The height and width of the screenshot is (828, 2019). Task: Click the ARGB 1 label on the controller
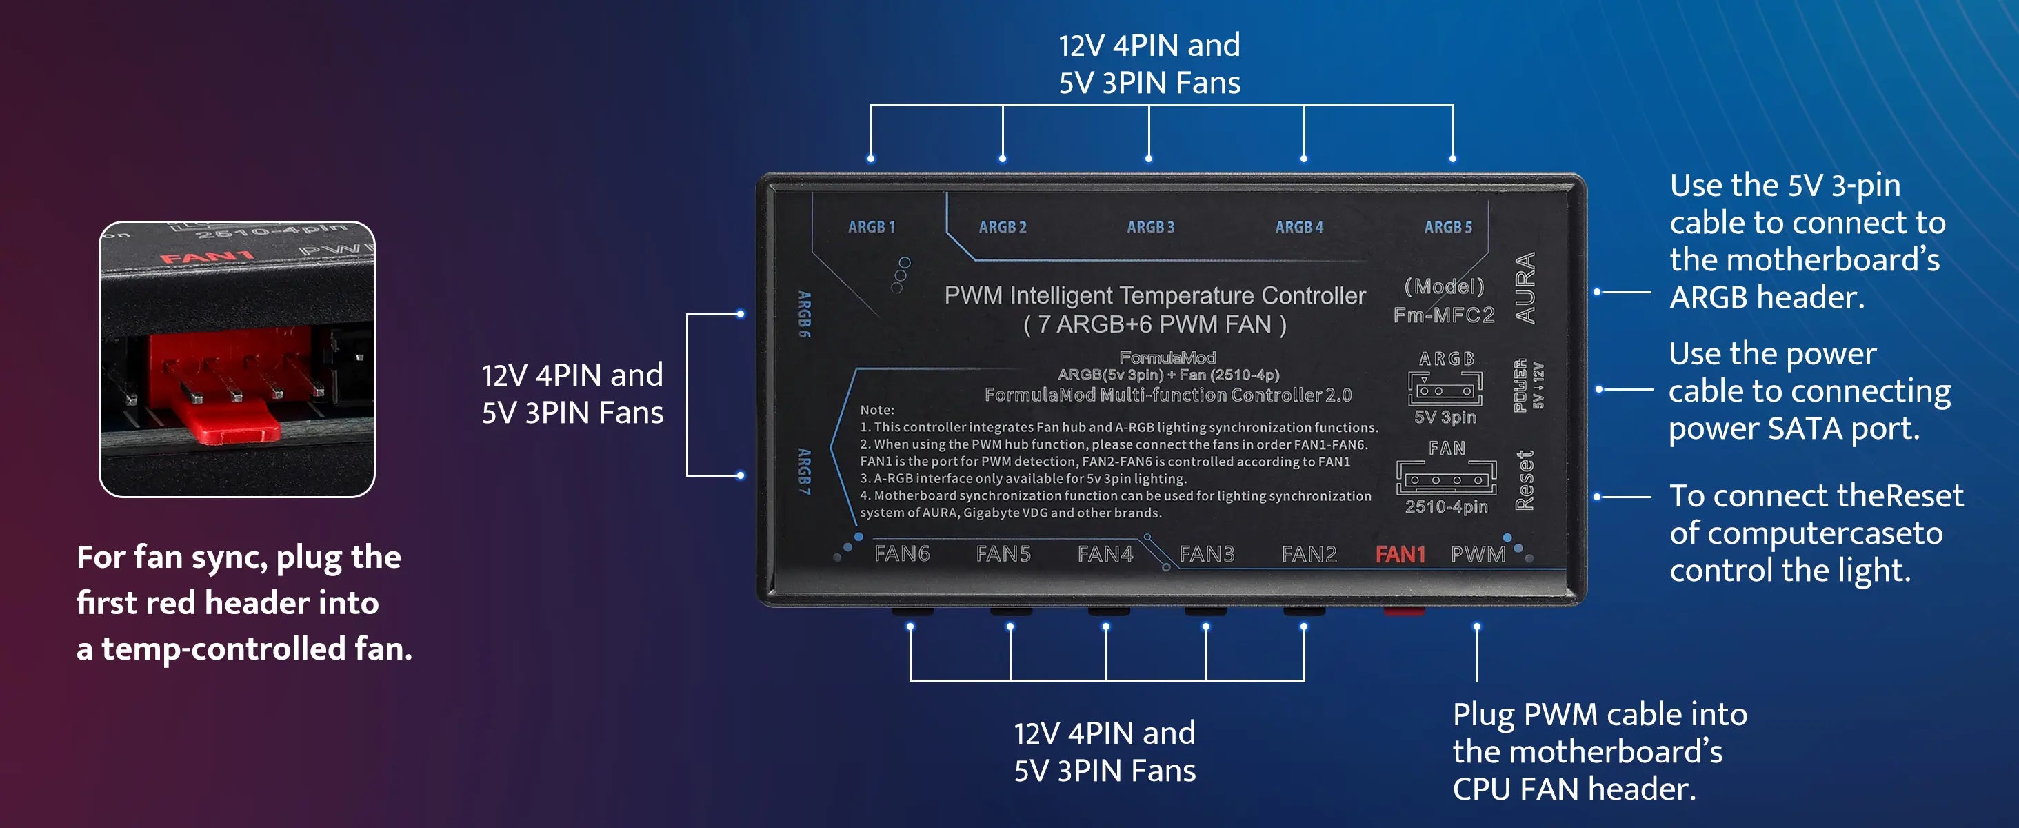click(871, 228)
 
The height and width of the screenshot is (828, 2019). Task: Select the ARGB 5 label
click(1447, 228)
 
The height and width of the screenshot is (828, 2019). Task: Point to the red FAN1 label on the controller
click(1400, 554)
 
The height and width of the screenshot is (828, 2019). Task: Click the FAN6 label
click(901, 553)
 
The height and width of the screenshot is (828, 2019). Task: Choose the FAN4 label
click(1105, 553)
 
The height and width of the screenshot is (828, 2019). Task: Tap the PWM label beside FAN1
click(1478, 554)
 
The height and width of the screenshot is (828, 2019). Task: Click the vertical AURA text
click(1525, 288)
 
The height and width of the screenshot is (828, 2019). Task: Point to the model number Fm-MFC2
click(1444, 315)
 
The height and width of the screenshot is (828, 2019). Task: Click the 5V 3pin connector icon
click(1445, 388)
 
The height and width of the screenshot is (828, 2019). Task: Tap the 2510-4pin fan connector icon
click(1446, 477)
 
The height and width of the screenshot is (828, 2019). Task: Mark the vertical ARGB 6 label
click(804, 315)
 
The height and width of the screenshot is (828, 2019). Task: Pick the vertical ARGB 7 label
click(804, 471)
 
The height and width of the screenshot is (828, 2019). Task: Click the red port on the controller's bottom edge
click(1404, 611)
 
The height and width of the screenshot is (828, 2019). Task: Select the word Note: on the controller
click(876, 410)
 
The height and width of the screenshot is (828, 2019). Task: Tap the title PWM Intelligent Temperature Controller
click(1154, 295)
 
